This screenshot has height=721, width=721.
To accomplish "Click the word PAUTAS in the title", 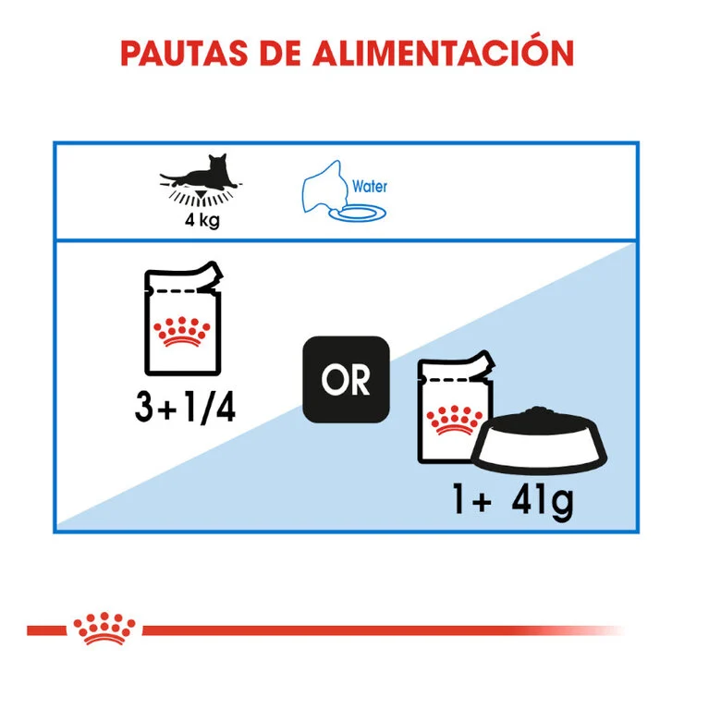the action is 184,54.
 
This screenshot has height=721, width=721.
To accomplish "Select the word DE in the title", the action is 280,54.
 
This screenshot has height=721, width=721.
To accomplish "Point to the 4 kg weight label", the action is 202,220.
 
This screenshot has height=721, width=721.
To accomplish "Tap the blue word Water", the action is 370,186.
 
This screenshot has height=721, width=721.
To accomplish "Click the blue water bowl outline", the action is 358,214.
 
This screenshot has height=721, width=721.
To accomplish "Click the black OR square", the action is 346,380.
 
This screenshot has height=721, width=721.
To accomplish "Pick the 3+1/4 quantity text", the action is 185,407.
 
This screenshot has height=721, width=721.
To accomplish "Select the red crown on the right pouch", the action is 455,421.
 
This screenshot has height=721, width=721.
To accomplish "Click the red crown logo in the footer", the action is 104,629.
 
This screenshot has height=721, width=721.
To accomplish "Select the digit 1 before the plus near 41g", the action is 458,498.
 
